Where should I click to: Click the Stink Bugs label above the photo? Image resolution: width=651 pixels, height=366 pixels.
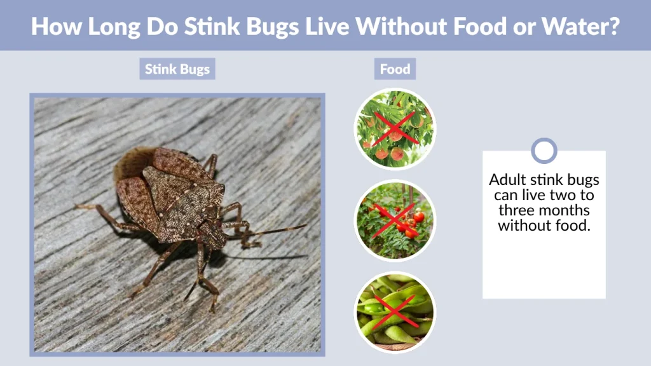click(x=177, y=69)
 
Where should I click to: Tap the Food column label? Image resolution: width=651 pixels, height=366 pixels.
click(x=395, y=69)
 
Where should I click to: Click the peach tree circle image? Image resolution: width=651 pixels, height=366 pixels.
click(x=394, y=129)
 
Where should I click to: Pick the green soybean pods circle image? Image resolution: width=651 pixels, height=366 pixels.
click(x=394, y=312)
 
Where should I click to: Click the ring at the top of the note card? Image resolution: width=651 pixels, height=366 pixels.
click(x=544, y=151)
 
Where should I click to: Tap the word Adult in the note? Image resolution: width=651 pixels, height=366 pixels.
click(x=505, y=180)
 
